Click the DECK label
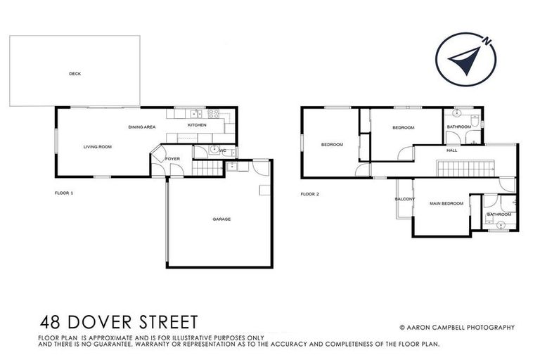tap(75, 73)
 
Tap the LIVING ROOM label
tap(98, 146)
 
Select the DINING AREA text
tap(141, 127)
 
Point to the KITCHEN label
tap(196, 125)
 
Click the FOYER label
tap(172, 159)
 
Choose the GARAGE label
tap(221, 219)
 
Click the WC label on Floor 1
tap(222, 150)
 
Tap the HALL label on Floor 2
tap(452, 150)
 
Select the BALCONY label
tap(404, 199)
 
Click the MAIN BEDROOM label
tap(447, 203)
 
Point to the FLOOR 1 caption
tap(64, 192)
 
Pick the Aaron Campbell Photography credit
tap(457, 327)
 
